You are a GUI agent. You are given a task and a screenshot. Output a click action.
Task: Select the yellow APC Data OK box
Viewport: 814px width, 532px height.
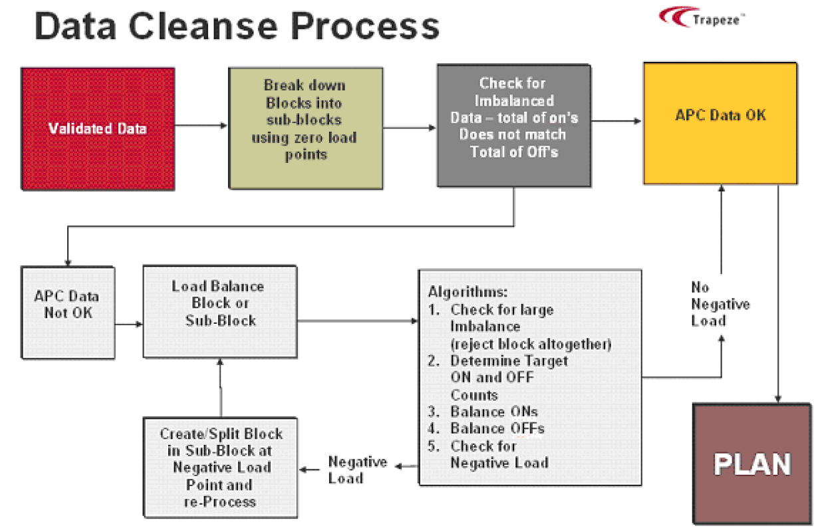pyautogui.click(x=720, y=124)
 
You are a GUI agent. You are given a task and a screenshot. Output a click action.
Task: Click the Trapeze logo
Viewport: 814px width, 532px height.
pyautogui.click(x=702, y=17)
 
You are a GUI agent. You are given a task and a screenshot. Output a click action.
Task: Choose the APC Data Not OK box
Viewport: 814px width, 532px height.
pyautogui.click(x=68, y=304)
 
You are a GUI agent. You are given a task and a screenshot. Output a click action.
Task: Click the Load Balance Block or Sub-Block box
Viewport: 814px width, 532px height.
pyautogui.click(x=219, y=311)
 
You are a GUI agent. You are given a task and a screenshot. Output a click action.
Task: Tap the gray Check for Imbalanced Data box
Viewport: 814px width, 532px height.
pyautogui.click(x=513, y=125)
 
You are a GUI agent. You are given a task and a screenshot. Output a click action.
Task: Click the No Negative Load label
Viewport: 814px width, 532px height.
pyautogui.click(x=710, y=304)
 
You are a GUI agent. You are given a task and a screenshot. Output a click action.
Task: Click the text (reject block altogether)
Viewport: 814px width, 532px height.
pyautogui.click(x=531, y=344)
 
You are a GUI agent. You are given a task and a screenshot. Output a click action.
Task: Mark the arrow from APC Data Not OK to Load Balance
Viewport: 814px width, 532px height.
pyautogui.click(x=129, y=325)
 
